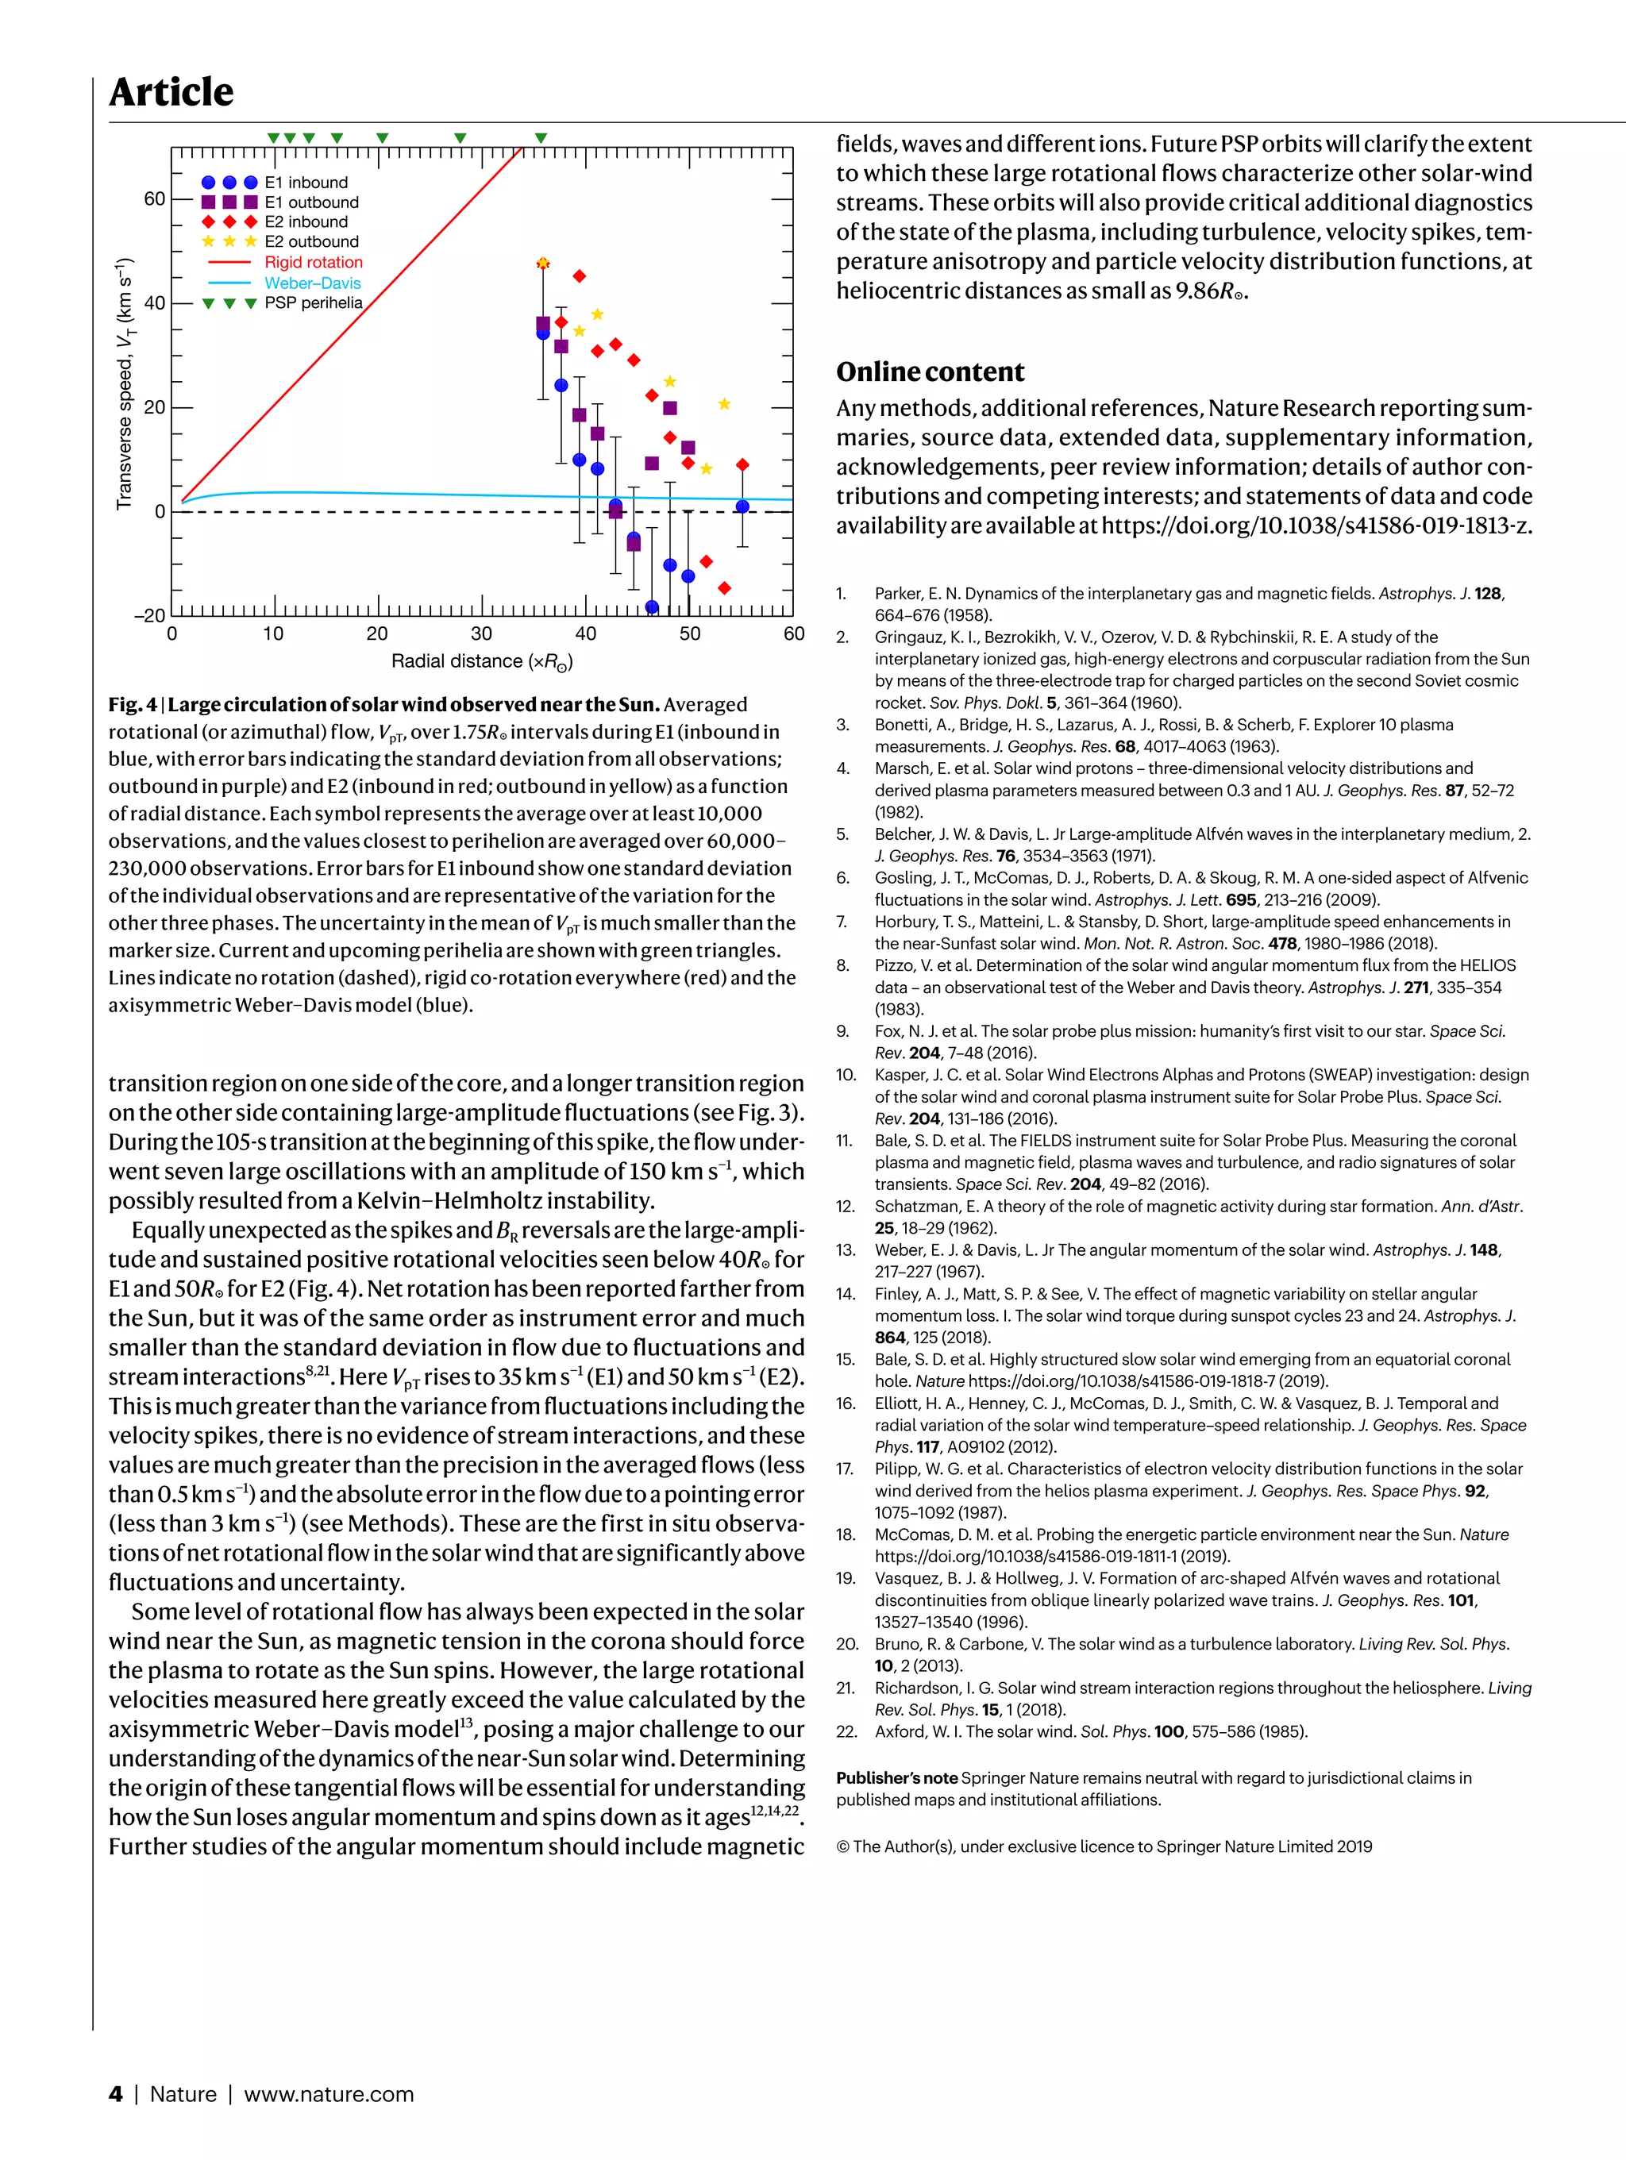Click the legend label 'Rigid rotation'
313,262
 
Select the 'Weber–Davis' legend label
313,283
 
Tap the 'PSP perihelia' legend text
313,302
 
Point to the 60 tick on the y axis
154,199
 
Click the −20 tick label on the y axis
149,616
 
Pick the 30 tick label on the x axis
481,633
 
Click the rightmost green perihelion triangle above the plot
541,139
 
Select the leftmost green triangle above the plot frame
275,139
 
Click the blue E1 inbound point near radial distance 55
742,506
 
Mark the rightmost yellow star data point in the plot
723,404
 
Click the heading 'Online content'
930,372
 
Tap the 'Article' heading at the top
171,92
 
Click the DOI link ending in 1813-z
1316,526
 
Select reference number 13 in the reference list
846,1250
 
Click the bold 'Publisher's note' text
896,1778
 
